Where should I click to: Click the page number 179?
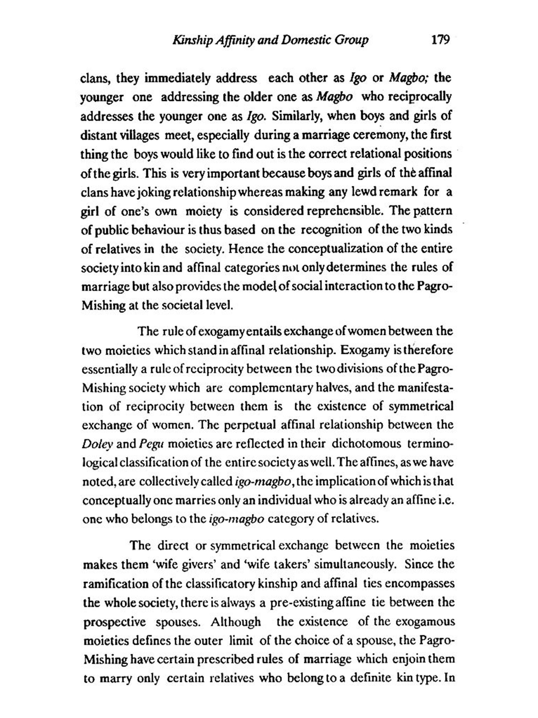coord(441,39)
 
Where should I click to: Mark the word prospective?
coord(115,622)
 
